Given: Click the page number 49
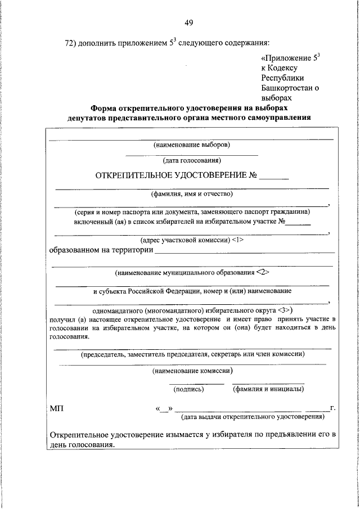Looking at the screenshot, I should [x=188, y=22].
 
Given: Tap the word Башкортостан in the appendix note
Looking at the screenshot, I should [x=286, y=87].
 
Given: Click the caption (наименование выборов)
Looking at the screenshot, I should [x=191, y=145].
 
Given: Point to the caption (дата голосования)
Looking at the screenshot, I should [x=191, y=161].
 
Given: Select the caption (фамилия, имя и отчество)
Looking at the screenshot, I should [x=191, y=195].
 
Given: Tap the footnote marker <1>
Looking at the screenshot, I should [x=237, y=240].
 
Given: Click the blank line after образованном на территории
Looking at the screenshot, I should [x=245, y=251].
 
